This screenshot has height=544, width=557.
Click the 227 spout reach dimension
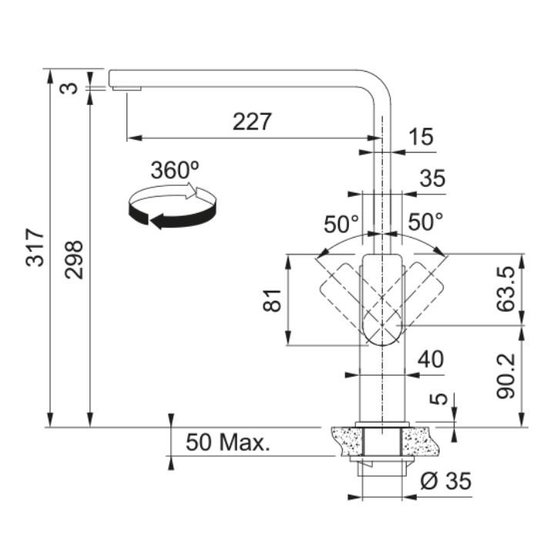[x=252, y=121]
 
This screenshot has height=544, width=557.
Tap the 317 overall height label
[x=35, y=248]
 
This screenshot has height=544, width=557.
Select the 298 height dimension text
[x=74, y=260]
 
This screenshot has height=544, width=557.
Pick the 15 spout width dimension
[x=421, y=137]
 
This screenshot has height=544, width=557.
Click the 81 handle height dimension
[x=273, y=300]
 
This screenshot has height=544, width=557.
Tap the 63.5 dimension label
[x=505, y=289]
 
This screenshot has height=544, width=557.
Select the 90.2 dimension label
[x=505, y=375]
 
